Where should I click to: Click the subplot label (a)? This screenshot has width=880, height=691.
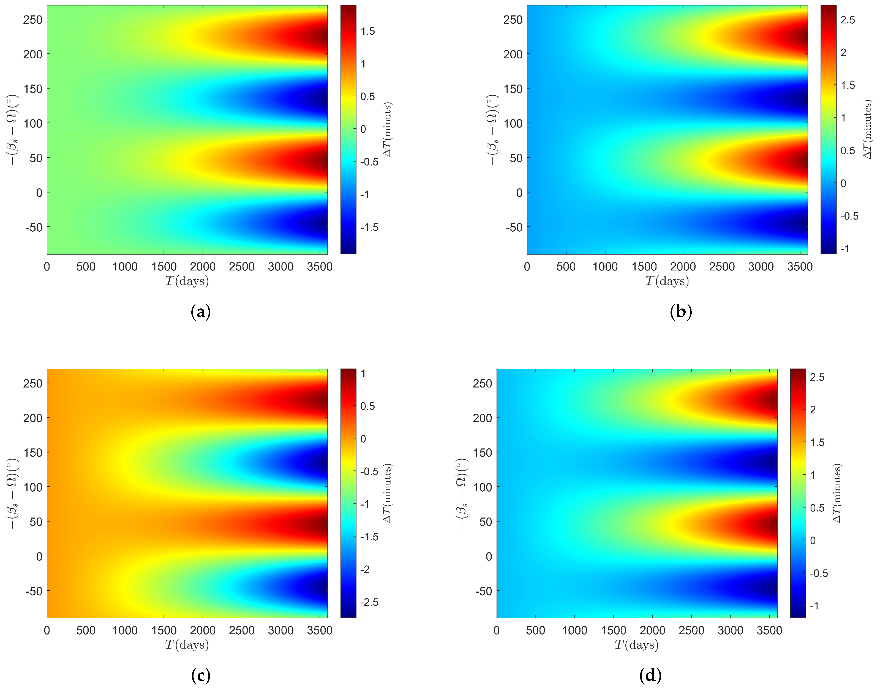201,312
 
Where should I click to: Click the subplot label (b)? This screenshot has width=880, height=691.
681,312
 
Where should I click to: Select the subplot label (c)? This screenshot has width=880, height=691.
201,675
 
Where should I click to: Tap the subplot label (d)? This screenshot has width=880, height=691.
650,675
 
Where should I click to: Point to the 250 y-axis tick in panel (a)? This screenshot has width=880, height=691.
33,20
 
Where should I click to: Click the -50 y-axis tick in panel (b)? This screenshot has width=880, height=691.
514,227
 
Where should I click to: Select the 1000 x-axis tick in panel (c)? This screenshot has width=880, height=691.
125,630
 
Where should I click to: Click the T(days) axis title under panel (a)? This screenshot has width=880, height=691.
187,281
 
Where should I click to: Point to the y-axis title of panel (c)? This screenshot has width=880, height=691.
12,493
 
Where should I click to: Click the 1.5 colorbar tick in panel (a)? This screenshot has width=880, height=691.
368,31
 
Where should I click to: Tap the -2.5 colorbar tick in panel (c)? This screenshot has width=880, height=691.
369,602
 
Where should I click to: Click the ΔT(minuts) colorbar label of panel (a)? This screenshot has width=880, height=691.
388,129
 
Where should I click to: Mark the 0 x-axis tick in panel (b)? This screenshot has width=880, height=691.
527,267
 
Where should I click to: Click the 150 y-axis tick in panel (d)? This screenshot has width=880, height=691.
483,452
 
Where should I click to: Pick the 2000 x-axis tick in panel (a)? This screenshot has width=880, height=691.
203,267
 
